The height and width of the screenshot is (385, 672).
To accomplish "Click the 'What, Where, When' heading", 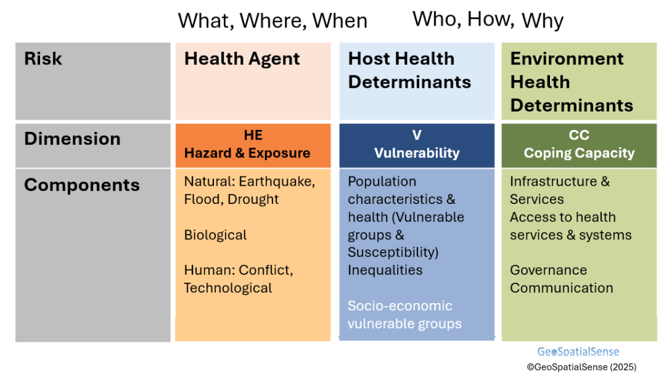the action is coord(272,21).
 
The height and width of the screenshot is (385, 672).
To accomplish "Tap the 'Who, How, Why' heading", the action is coord(488,20).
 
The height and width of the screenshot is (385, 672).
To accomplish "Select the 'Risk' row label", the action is coord(43,58).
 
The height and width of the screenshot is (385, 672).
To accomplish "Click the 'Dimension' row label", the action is coord(72,139).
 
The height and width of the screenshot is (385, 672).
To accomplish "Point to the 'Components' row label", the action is coord(82,186).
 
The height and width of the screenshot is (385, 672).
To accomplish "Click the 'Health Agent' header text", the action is coord(241,59).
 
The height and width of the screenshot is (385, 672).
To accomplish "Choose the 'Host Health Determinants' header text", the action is coord(409,70).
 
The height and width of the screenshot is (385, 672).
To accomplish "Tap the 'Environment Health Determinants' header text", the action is coord(572,82).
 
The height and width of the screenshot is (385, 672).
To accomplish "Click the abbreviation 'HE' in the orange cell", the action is coord(253,135).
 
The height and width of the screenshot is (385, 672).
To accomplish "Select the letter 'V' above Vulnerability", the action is coord(417,135).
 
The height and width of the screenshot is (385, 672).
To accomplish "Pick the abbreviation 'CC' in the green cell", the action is coord(579,135).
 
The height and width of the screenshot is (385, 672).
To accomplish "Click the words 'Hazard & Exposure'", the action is coord(247,153).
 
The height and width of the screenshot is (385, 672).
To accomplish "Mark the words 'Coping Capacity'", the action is coord(579,153).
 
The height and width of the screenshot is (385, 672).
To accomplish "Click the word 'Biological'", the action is coord(215,235).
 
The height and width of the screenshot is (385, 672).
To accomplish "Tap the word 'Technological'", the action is coord(228,288).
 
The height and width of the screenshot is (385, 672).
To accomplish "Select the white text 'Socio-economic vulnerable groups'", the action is coord(404,315).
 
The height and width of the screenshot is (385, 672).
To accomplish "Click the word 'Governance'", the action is coord(548,270).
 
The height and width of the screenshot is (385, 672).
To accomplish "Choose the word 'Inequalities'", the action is coord(385,270).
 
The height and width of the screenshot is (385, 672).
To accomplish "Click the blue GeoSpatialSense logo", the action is coord(578,352).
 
